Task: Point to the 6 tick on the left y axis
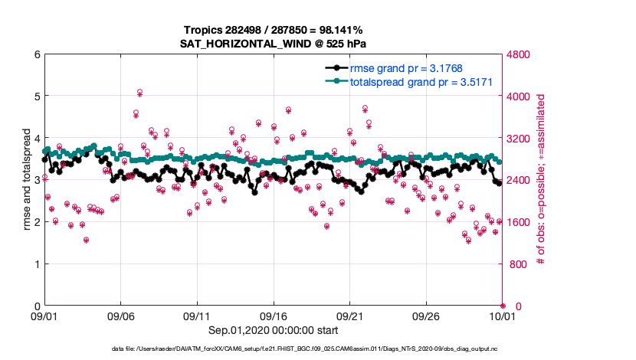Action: click(36, 54)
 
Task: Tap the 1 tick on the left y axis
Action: click(36, 264)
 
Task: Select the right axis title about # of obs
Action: click(541, 180)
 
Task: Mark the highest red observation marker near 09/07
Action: click(140, 92)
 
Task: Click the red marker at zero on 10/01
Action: click(503, 306)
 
